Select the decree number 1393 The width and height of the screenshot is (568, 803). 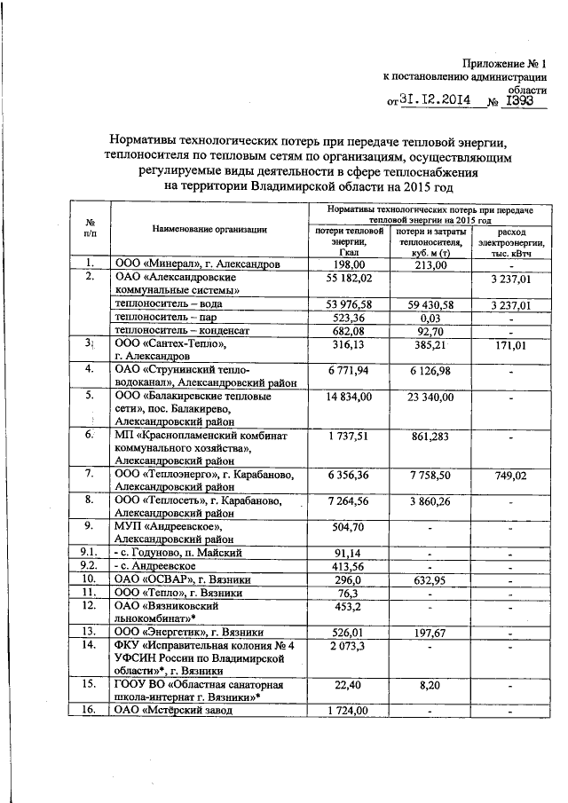tap(517, 100)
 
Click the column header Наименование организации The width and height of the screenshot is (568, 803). tap(209, 230)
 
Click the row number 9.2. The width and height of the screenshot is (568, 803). tap(90, 565)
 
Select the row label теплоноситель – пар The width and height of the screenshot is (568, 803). tap(168, 317)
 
